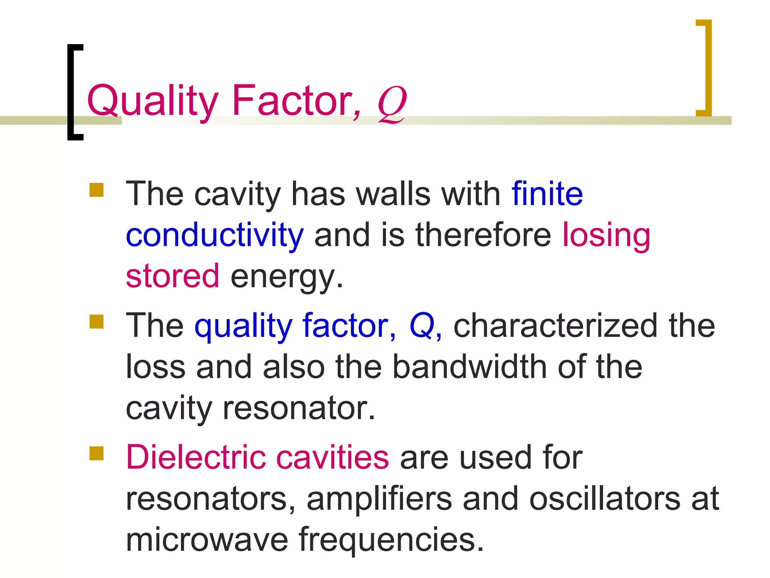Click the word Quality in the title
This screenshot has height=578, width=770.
(152, 101)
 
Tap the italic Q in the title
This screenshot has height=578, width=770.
(392, 103)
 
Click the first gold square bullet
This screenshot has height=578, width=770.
(96, 190)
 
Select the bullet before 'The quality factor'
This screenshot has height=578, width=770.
(96, 322)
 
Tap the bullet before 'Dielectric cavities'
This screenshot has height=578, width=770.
(96, 453)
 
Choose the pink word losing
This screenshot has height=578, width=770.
(606, 236)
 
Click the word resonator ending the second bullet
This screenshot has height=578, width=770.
(299, 408)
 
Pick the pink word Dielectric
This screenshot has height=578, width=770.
(196, 457)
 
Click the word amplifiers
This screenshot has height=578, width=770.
(379, 499)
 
